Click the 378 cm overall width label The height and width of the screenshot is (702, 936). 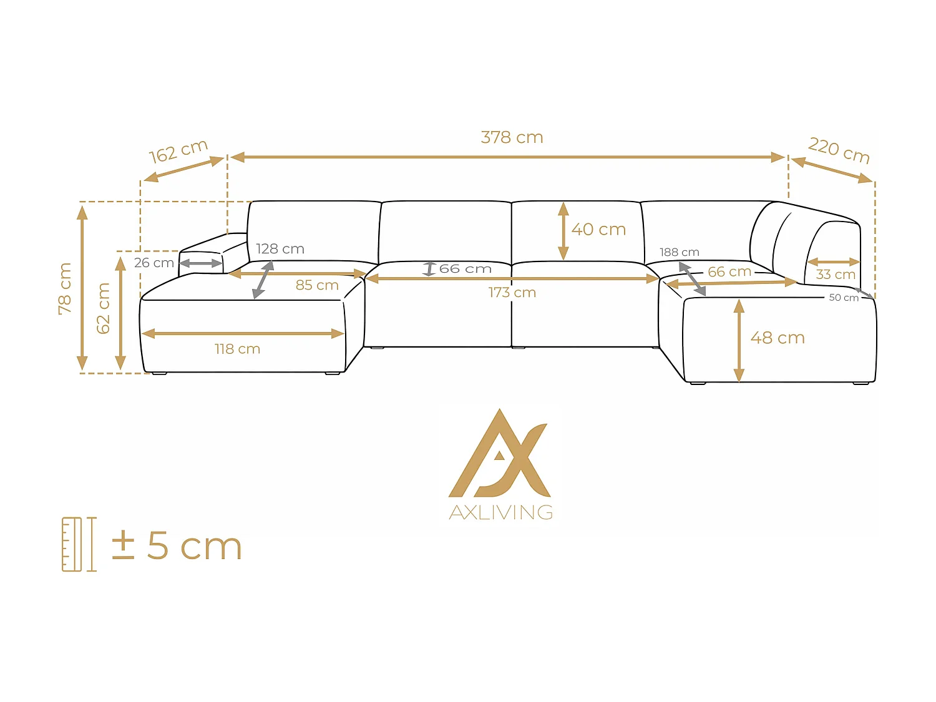pos(512,137)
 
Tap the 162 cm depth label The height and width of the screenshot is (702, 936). pos(178,151)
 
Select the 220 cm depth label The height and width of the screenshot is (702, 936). pos(839,150)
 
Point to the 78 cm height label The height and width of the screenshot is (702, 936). pos(65,288)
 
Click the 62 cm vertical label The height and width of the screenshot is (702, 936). pos(104,308)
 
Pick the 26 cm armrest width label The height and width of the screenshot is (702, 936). pos(154,263)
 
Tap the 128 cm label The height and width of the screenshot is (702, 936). pos(280,249)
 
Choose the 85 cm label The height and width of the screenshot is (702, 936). pos(317,285)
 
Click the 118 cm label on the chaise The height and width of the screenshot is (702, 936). pos(237,349)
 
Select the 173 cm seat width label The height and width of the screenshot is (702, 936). pos(512,293)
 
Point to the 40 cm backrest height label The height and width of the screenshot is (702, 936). pos(598,230)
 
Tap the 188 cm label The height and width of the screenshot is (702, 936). pos(680,252)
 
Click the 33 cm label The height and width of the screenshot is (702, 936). pos(836,275)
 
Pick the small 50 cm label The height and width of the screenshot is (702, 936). pos(844,298)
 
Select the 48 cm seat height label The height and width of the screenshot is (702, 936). pos(778,338)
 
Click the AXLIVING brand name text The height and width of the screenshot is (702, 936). pos(501,512)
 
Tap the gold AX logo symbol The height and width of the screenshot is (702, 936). pos(499,454)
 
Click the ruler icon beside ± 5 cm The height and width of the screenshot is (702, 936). pos(79,544)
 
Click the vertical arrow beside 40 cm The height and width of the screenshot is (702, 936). pos(563,230)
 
